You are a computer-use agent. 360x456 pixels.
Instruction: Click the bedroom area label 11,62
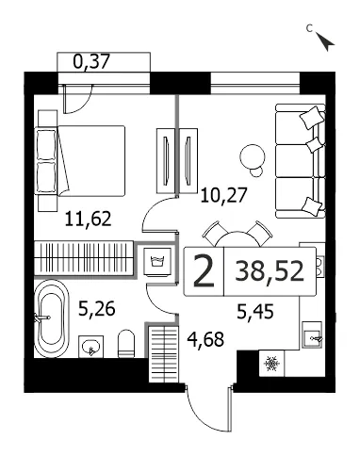(x=89, y=219)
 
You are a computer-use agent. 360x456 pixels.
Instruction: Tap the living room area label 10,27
(x=224, y=195)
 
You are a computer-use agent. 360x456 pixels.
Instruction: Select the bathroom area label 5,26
(x=97, y=308)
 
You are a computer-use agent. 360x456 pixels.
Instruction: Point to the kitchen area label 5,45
(x=255, y=312)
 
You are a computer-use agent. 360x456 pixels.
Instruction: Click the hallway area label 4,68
(x=205, y=339)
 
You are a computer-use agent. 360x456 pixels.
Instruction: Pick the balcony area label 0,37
(x=91, y=61)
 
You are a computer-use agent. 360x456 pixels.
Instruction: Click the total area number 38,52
(x=270, y=271)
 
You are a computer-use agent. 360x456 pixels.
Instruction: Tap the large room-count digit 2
(x=204, y=271)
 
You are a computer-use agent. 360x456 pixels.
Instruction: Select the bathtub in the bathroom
(x=52, y=318)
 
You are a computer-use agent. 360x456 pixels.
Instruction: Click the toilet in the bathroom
(x=126, y=343)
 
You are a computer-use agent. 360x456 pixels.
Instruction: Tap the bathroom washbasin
(x=90, y=347)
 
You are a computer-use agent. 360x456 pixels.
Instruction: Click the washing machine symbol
(x=158, y=262)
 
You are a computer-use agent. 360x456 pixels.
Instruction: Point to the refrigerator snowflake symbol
(x=271, y=364)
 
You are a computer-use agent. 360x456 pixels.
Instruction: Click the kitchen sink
(x=312, y=334)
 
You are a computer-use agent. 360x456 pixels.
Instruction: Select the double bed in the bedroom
(x=82, y=160)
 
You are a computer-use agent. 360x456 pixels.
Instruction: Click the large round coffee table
(x=252, y=156)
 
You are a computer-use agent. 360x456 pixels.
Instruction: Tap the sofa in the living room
(x=300, y=161)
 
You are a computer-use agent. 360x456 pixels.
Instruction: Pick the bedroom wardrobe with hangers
(x=83, y=258)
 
